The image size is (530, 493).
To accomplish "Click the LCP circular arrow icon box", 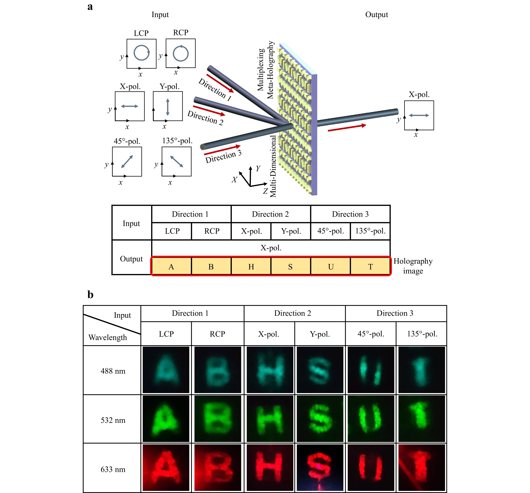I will point(141,54).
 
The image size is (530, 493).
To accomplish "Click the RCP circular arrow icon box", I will point(180,53).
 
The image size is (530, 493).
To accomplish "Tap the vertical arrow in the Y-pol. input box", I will point(168,106).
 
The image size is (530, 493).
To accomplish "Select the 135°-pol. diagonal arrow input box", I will point(177,161).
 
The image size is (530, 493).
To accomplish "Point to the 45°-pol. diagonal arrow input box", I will point(127,161).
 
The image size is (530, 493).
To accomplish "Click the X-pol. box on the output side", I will point(419,115).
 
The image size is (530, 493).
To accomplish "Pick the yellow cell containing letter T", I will point(370,266).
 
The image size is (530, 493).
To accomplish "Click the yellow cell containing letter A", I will point(171,266).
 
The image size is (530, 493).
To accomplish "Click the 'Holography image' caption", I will point(413,266).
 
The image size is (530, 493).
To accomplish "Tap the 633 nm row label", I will point(113,469).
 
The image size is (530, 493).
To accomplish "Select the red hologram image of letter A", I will point(166,467).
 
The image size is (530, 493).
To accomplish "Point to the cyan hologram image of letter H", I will point(270,370).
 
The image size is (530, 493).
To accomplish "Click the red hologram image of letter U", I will point(371,467).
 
